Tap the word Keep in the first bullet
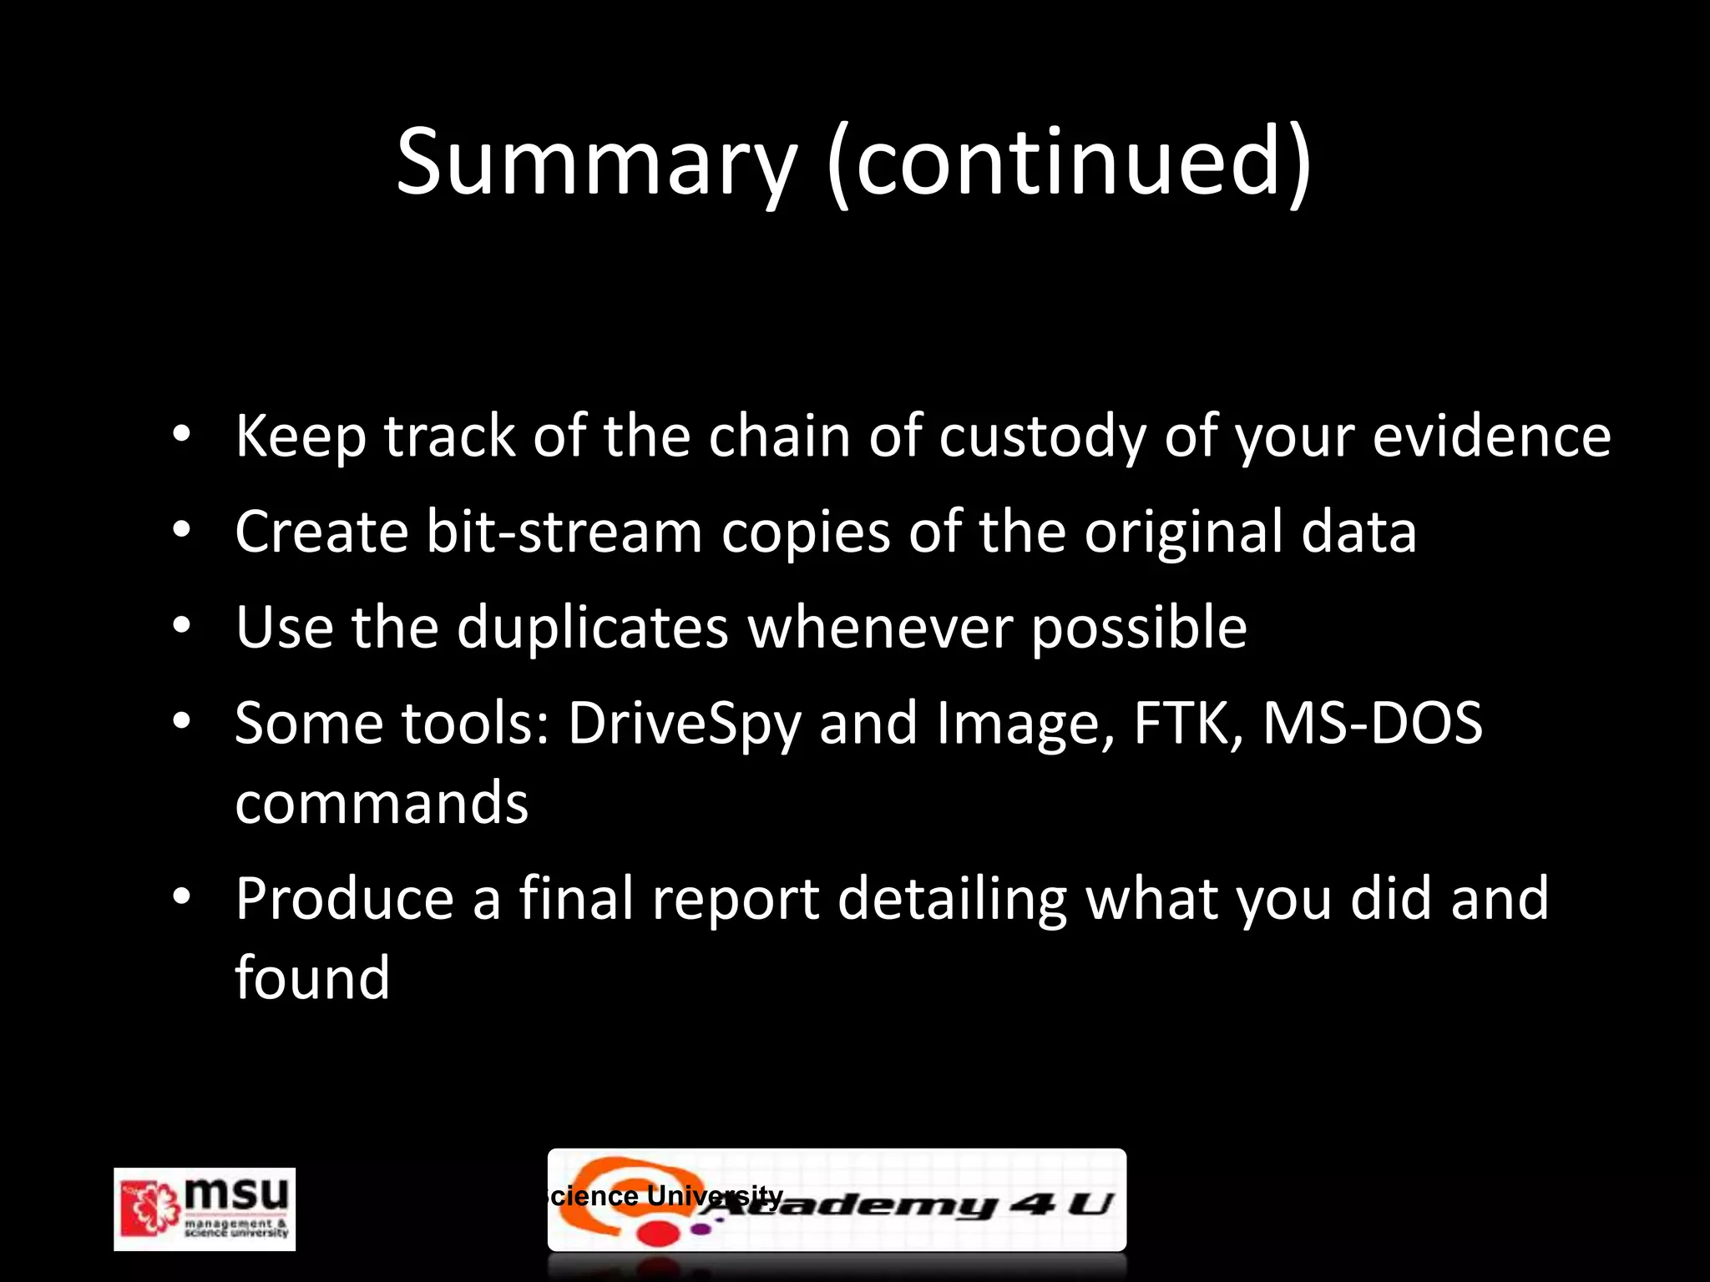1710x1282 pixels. [301, 437]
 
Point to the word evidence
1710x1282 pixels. [1491, 437]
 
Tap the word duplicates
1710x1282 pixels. [593, 627]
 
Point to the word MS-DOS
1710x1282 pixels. [1373, 723]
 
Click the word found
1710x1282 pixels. [312, 977]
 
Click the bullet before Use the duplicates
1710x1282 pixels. [182, 627]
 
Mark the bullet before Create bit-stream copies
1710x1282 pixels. [182, 532]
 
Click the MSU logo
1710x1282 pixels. [205, 1209]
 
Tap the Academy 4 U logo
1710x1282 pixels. [837, 1200]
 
